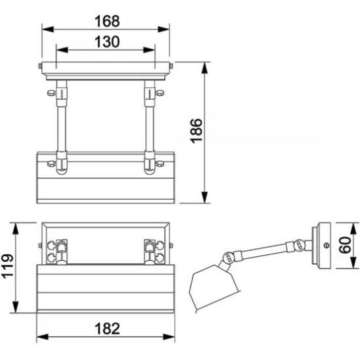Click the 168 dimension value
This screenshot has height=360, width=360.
coord(107,21)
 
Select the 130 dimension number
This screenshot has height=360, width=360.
coord(107,42)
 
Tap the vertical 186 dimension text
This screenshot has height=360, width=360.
coord(197,131)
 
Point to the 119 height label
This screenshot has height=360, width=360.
coord(9,266)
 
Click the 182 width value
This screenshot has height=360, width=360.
coord(107,328)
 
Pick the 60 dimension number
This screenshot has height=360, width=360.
coord(346,245)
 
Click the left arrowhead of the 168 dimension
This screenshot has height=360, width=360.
coord(48,30)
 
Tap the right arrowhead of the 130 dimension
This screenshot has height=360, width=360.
coord(149,50)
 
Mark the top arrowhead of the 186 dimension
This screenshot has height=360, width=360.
coord(204,68)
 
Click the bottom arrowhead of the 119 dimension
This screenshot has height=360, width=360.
coord(15,307)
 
